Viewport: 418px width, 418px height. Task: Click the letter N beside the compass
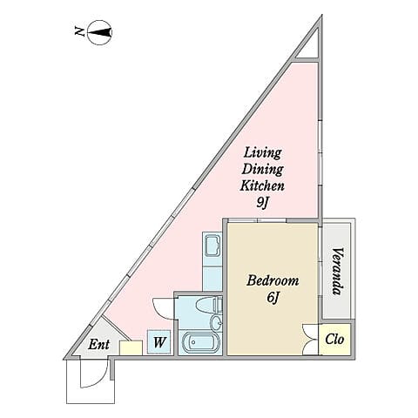click(79, 34)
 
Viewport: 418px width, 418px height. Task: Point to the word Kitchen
click(263, 186)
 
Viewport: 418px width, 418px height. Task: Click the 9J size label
click(263, 204)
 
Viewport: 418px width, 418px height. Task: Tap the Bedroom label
click(273, 281)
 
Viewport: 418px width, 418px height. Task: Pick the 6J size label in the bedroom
click(273, 299)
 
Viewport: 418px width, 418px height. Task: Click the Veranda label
click(336, 272)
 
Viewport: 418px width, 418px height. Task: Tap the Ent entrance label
click(100, 344)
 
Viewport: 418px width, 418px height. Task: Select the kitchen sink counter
click(212, 260)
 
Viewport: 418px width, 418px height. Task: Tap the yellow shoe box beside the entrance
click(131, 347)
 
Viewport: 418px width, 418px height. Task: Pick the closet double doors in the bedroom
click(309, 339)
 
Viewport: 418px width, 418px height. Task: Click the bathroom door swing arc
click(163, 307)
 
